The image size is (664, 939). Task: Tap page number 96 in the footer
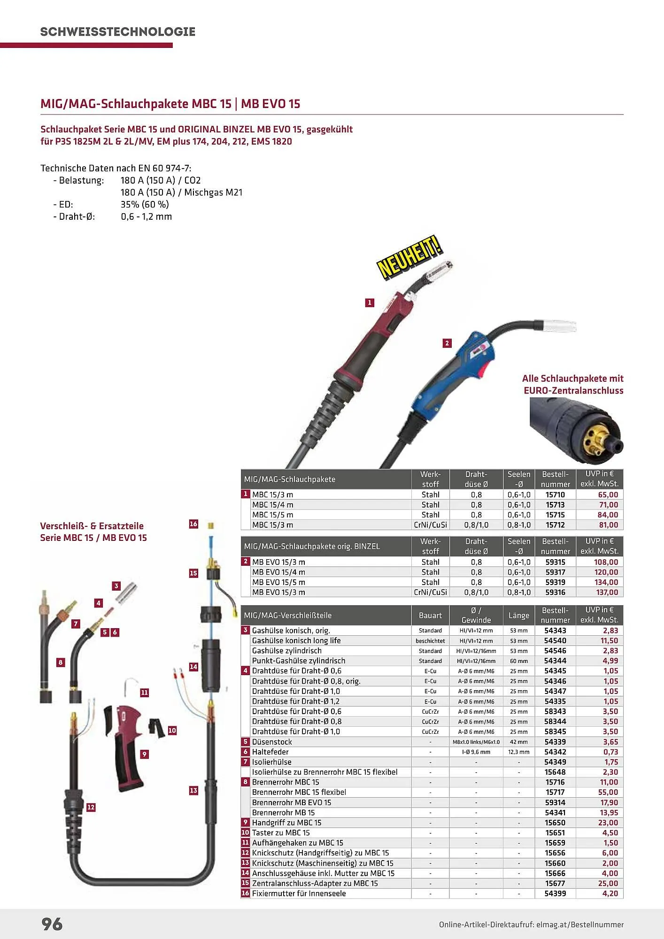[52, 924]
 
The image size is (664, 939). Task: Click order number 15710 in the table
[555, 494]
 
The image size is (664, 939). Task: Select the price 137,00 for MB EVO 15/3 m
[607, 593]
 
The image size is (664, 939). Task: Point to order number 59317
[555, 572]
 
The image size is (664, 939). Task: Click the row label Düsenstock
[272, 742]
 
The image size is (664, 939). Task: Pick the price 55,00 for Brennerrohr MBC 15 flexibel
[609, 792]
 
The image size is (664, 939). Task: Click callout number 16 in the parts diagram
[193, 524]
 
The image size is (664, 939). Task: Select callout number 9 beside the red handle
[145, 754]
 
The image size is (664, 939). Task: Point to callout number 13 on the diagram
[193, 791]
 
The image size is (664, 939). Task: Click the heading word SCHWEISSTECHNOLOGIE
[117, 32]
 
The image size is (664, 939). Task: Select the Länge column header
[519, 615]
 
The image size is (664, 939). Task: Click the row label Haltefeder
[270, 752]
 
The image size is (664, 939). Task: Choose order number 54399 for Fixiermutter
[555, 893]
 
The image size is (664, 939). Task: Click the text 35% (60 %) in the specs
[145, 204]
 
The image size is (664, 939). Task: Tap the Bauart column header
[430, 615]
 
